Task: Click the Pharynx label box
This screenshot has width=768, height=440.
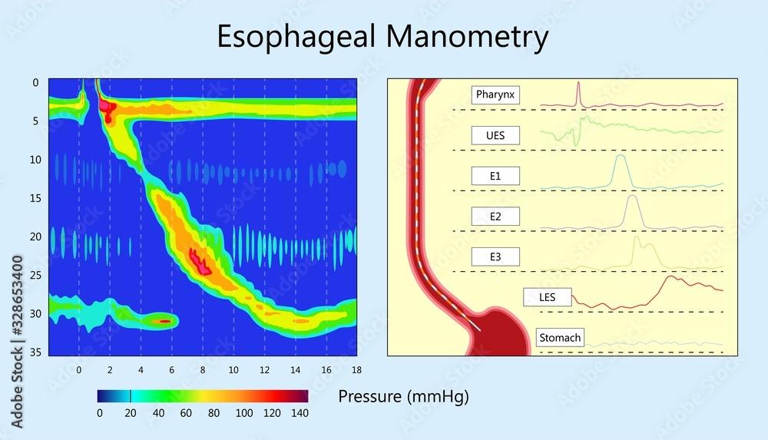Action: [x=495, y=95]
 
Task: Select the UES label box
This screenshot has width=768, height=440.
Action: [x=495, y=136]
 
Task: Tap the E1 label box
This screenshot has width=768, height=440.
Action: [x=495, y=176]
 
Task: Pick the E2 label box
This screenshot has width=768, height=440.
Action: [x=495, y=217]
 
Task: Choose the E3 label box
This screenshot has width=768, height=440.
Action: [x=495, y=256]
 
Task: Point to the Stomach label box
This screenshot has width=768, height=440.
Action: [x=560, y=338]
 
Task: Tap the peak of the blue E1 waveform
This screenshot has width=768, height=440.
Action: [x=621, y=157]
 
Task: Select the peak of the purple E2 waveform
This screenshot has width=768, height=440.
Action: [x=633, y=197]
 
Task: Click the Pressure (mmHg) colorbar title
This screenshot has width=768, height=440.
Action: [x=403, y=397]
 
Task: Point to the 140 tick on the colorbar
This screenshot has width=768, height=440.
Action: [x=300, y=413]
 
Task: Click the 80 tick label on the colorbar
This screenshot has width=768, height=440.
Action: [x=214, y=413]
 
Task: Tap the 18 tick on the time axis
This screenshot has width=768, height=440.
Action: [x=356, y=369]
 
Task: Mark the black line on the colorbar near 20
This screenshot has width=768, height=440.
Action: [x=131, y=396]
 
